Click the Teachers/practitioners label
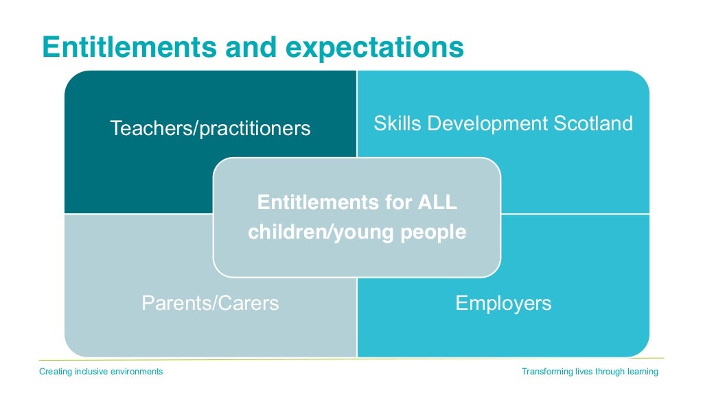(x=210, y=128)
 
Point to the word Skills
(x=393, y=123)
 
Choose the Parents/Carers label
(x=210, y=303)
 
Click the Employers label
(x=503, y=303)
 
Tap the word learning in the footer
(x=643, y=372)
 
